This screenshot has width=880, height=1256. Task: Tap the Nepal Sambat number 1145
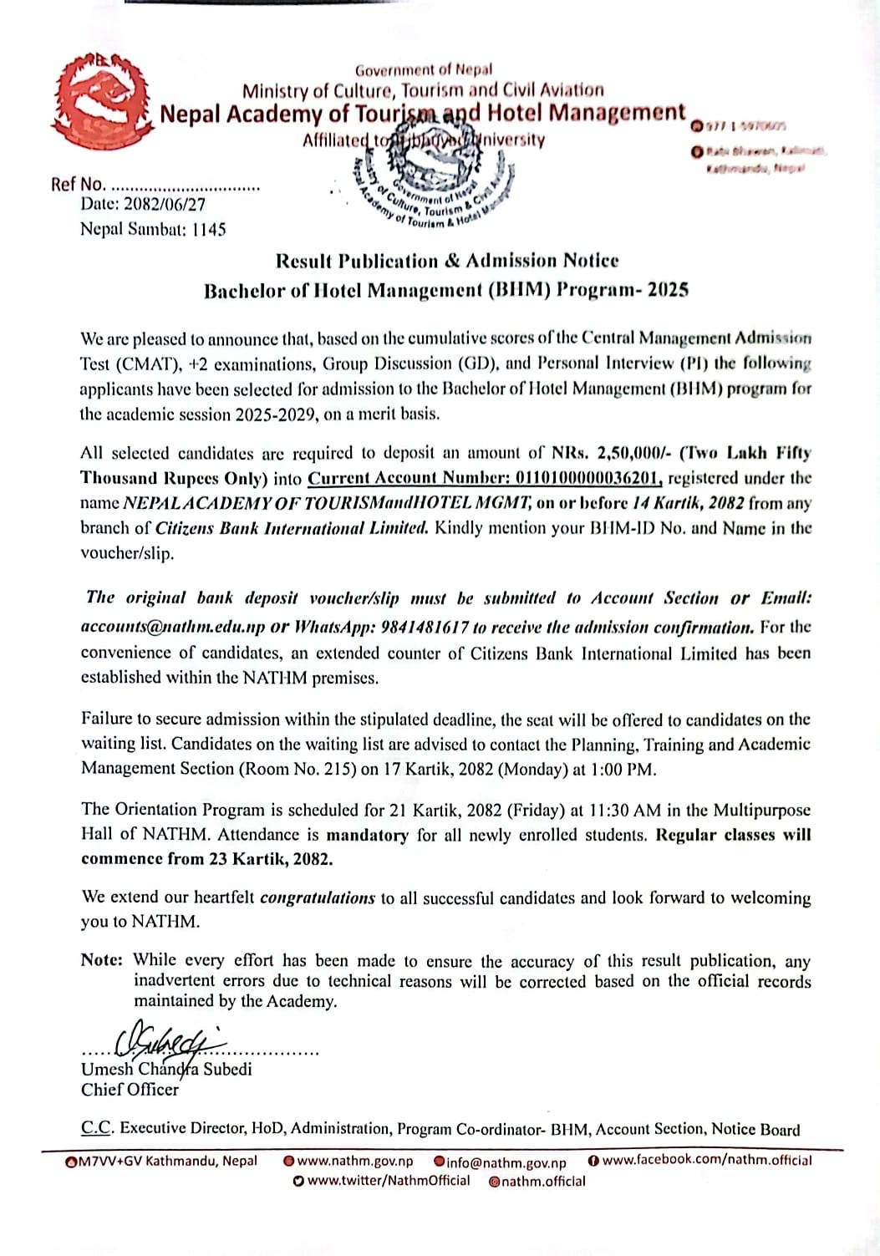pyautogui.click(x=208, y=229)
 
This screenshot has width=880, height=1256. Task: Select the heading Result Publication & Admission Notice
pyautogui.click(x=447, y=261)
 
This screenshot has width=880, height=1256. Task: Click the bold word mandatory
pyautogui.click(x=367, y=835)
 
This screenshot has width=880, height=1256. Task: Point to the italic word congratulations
pyautogui.click(x=318, y=898)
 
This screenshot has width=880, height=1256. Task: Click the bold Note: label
pyautogui.click(x=102, y=960)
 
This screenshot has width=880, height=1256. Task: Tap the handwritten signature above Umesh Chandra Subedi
pyautogui.click(x=171, y=1043)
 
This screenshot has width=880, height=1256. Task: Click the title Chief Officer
pyautogui.click(x=130, y=1090)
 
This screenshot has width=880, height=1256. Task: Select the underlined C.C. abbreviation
pyautogui.click(x=98, y=1128)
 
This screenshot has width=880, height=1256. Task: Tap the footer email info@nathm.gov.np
pyautogui.click(x=506, y=1162)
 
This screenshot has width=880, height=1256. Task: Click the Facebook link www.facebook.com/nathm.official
pyautogui.click(x=706, y=1160)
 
